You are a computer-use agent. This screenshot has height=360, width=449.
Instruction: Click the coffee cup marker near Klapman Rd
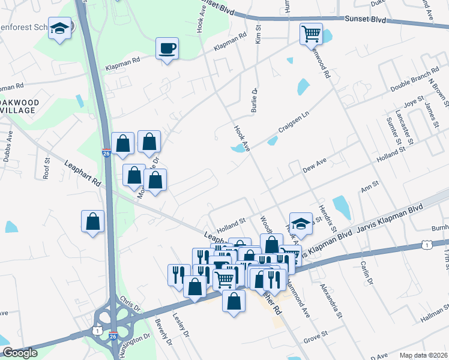(x=167, y=48)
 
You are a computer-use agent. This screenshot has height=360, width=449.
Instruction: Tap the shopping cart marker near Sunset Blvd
(x=312, y=34)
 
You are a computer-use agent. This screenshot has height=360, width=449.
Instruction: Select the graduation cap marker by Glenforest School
(x=60, y=28)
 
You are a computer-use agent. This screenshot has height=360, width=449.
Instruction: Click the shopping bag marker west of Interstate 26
(x=93, y=221)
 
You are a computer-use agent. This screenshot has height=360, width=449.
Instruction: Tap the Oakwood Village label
(x=19, y=106)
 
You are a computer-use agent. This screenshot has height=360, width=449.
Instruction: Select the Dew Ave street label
(x=314, y=166)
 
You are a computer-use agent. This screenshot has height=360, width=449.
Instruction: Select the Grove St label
(x=316, y=332)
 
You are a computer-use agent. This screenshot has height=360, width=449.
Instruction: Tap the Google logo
(x=19, y=353)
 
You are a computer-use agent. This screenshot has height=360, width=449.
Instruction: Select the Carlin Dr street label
(x=367, y=274)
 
